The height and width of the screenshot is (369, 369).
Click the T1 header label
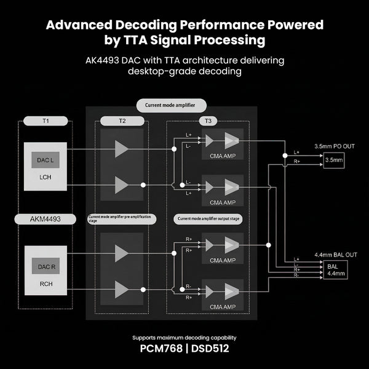(x=46, y=121)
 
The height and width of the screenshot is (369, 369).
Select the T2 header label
(x=121, y=121)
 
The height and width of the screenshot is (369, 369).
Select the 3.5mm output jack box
(x=335, y=160)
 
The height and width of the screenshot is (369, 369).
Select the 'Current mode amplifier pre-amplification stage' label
(x=121, y=218)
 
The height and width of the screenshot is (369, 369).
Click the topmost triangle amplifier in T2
(x=121, y=148)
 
